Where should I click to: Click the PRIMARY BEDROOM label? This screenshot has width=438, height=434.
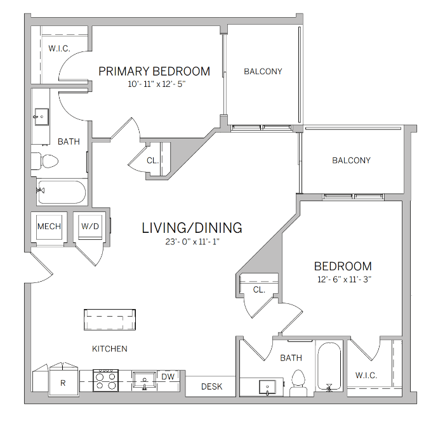click(154, 70)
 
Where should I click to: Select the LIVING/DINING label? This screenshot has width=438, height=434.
click(192, 227)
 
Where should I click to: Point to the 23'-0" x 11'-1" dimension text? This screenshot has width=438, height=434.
click(192, 241)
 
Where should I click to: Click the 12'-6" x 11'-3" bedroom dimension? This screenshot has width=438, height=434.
click(343, 279)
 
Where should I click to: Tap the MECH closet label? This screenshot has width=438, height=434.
click(49, 227)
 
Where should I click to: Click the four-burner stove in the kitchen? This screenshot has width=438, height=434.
click(105, 381)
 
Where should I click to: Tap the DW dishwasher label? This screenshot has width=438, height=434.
click(168, 377)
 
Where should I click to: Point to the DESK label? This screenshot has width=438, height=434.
click(211, 386)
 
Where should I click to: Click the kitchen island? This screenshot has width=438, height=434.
click(110, 319)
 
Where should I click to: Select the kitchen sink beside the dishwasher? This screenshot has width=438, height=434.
click(145, 381)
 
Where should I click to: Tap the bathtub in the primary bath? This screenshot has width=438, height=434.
click(60, 192)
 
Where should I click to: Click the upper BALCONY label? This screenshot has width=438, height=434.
click(263, 72)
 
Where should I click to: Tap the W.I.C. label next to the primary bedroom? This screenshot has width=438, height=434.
click(59, 49)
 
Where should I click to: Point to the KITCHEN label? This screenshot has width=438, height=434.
click(110, 349)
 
